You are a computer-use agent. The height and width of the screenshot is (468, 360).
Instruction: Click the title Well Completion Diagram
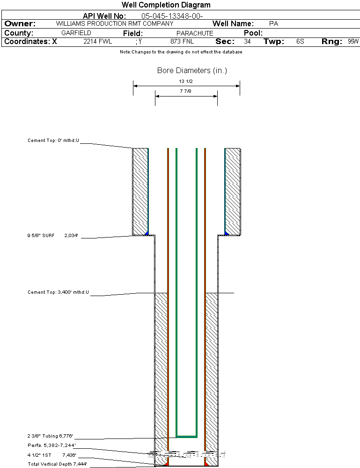166,5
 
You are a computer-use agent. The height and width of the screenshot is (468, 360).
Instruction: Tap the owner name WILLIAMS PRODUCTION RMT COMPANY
114,23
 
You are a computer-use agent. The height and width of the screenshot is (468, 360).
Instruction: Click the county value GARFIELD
76,33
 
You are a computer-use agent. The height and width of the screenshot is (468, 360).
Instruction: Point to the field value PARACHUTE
195,33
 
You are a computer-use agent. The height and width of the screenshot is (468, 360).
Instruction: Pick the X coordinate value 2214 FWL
98,42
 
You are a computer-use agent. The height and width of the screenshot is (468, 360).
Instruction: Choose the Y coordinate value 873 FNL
182,42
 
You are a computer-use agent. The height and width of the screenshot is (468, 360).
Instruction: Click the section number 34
247,42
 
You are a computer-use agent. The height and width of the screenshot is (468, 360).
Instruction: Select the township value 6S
300,42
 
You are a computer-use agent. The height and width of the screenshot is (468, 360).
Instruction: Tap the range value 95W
353,42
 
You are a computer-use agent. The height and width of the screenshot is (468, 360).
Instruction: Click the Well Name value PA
274,23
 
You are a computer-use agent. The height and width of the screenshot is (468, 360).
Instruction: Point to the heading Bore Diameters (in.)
192,71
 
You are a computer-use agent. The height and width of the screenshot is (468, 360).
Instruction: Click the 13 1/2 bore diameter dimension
186,82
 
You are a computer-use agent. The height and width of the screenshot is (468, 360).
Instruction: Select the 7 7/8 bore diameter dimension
186,91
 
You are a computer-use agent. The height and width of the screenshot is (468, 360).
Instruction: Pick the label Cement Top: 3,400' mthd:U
58,292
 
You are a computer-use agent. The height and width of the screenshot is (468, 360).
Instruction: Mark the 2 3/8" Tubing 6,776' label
50,436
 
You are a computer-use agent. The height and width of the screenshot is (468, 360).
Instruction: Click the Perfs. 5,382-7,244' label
51,445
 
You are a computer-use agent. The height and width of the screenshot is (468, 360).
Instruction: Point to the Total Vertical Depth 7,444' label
57,464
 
